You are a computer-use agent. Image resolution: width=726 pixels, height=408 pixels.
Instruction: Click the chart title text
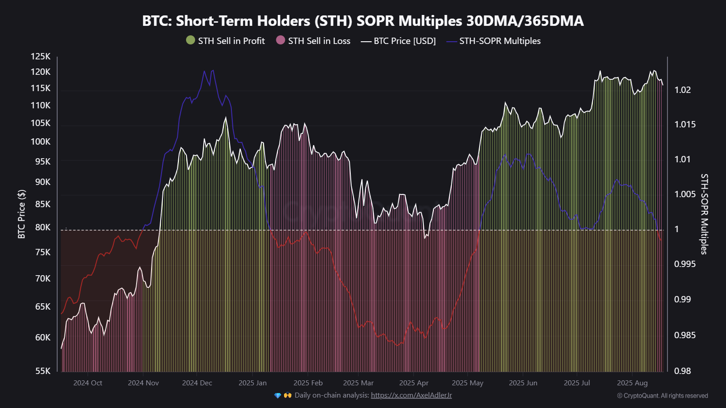[363, 21]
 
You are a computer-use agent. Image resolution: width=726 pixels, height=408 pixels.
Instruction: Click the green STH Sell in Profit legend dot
[191, 40]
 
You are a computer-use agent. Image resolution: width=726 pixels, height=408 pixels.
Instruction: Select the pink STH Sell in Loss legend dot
[280, 40]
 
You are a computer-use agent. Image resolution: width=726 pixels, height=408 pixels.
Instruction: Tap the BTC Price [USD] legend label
[404, 41]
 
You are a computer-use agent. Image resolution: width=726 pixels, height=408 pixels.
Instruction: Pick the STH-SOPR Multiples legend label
[500, 41]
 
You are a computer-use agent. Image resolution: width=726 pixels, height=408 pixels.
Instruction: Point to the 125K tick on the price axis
[41, 56]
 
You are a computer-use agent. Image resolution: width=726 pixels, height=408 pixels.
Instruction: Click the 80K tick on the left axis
[43, 227]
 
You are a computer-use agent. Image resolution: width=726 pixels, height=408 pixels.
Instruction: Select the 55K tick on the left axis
[43, 371]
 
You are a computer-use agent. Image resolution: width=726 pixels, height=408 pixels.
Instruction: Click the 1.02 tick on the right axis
[682, 90]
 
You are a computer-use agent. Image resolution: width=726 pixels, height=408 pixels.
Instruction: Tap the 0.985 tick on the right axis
[685, 335]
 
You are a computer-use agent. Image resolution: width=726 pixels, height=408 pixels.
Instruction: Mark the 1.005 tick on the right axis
[685, 194]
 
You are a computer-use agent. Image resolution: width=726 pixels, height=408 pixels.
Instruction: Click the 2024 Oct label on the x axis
[88, 383]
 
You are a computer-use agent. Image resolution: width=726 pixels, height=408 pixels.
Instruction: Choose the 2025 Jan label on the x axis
[252, 383]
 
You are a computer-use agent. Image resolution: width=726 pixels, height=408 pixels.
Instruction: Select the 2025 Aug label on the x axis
[632, 383]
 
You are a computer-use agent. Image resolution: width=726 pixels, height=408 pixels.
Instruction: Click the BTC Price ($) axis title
[21, 214]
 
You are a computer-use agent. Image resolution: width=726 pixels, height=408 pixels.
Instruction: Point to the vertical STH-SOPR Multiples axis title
[704, 214]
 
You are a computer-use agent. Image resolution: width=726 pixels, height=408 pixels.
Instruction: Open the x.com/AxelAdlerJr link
[411, 395]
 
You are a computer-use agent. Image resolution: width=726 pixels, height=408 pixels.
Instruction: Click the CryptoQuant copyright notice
[662, 396]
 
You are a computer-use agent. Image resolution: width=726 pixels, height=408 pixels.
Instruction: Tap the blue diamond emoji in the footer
[278, 395]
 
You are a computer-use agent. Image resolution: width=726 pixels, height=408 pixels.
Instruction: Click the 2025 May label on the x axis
[467, 383]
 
